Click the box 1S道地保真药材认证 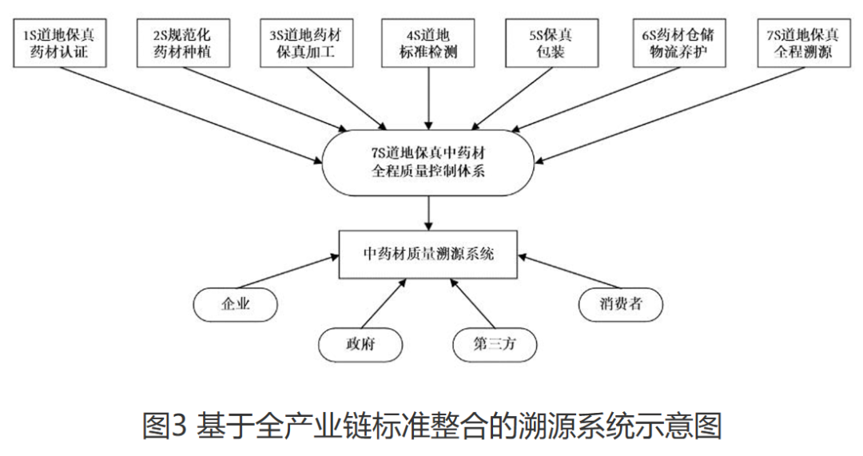59,43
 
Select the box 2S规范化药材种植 183,43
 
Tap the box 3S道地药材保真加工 307,43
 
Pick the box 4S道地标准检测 428,43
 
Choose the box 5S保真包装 551,43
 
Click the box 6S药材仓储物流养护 679,43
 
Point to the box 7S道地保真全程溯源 804,43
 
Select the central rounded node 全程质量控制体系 428,163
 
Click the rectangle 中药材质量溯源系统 428,254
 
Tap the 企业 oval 236,304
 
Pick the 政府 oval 360,345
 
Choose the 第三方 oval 495,345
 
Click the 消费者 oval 621,304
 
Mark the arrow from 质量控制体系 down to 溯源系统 428,213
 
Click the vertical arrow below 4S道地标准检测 428,99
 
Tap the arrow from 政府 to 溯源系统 384,303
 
